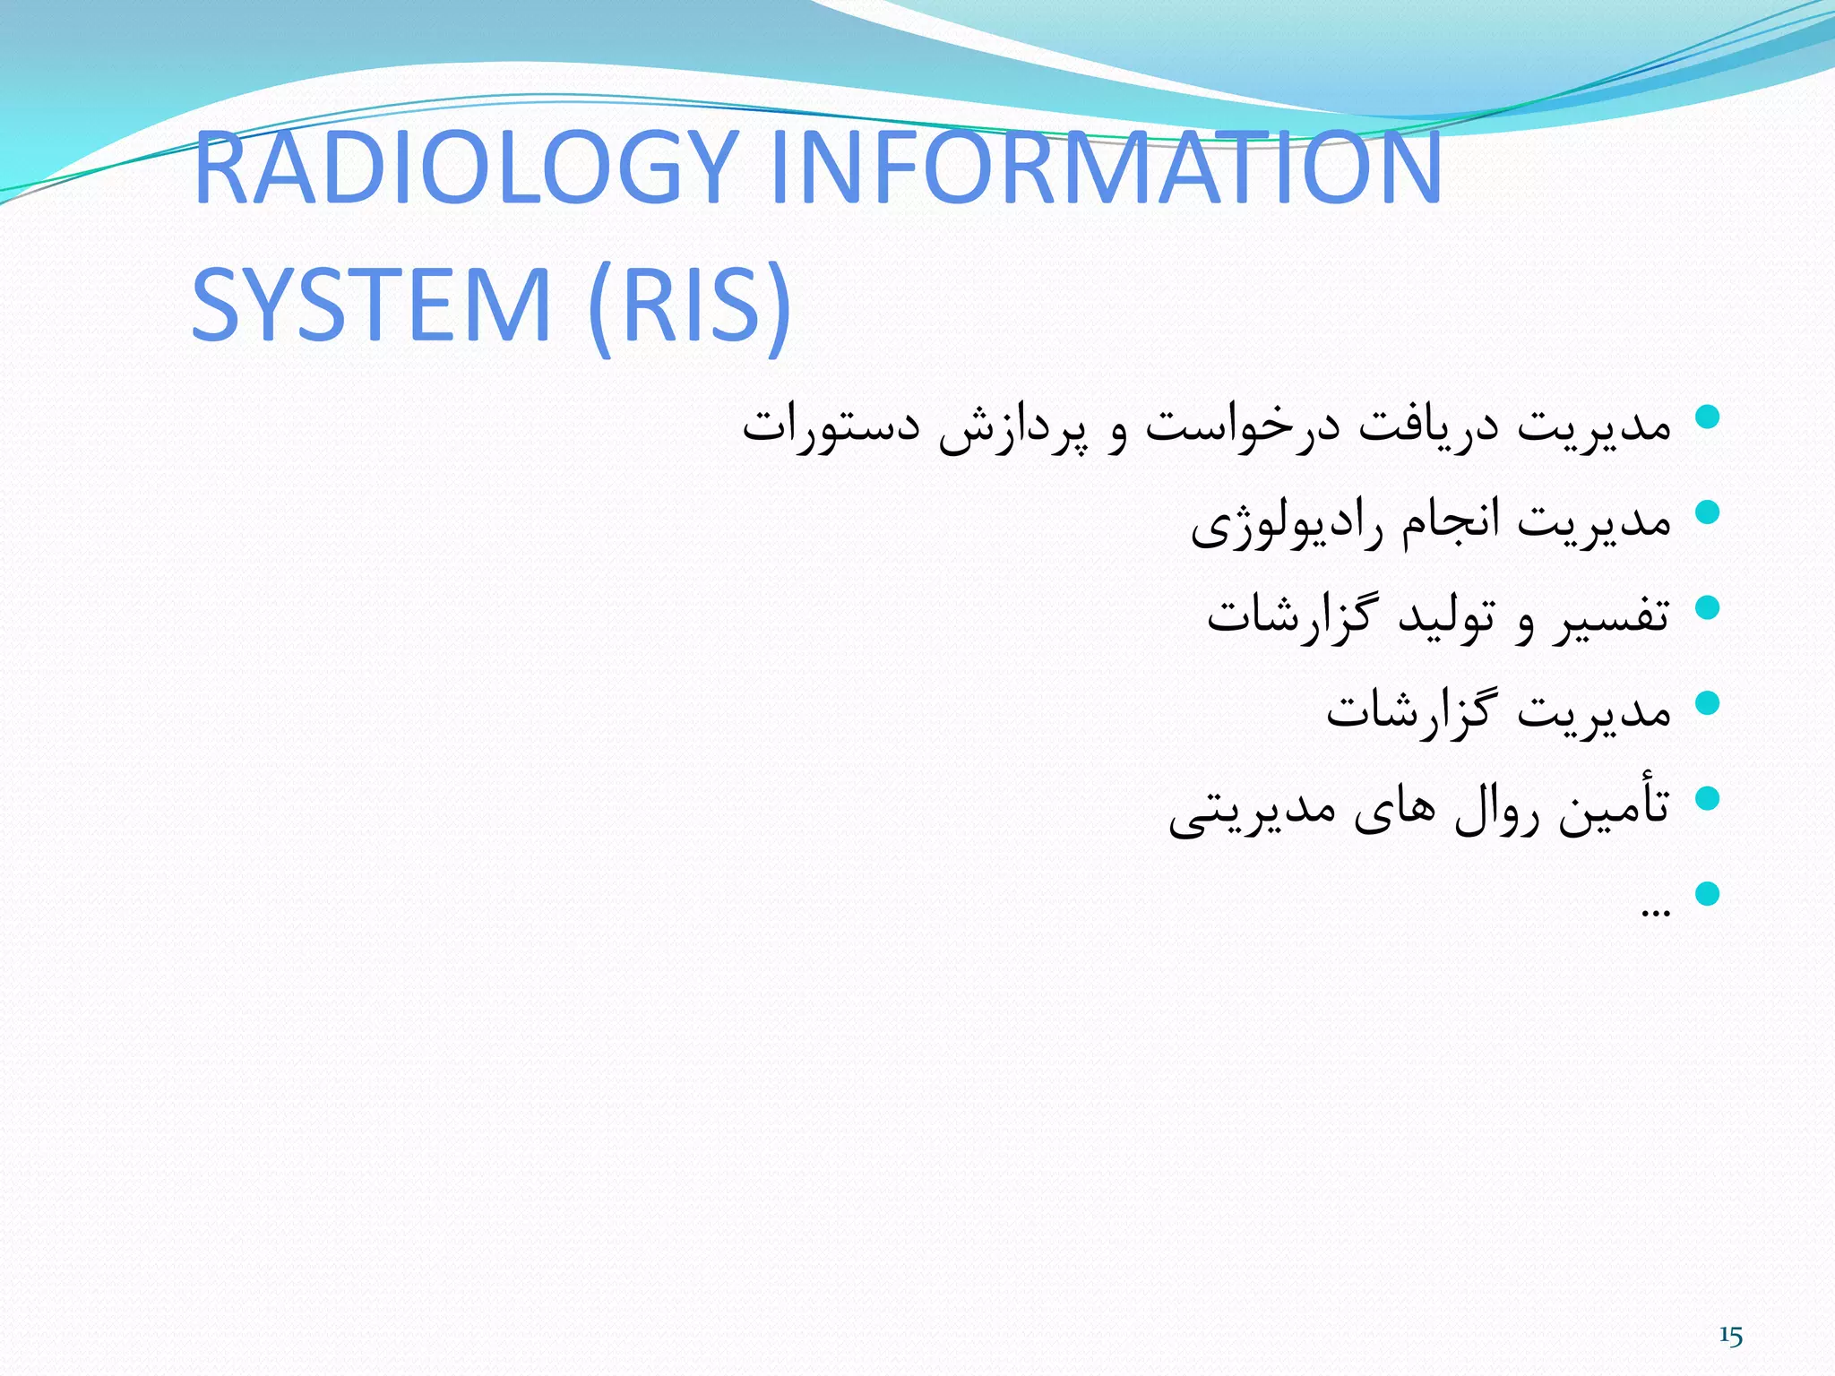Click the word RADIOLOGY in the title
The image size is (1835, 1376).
tap(466, 168)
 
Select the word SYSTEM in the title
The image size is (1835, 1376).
tap(371, 305)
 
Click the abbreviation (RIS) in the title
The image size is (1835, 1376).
tap(690, 305)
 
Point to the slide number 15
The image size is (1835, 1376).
tap(1730, 1337)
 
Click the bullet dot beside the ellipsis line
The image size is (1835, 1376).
tap(1708, 893)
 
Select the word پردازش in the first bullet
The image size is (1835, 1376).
tap(1012, 428)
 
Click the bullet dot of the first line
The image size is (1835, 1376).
tap(1708, 417)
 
